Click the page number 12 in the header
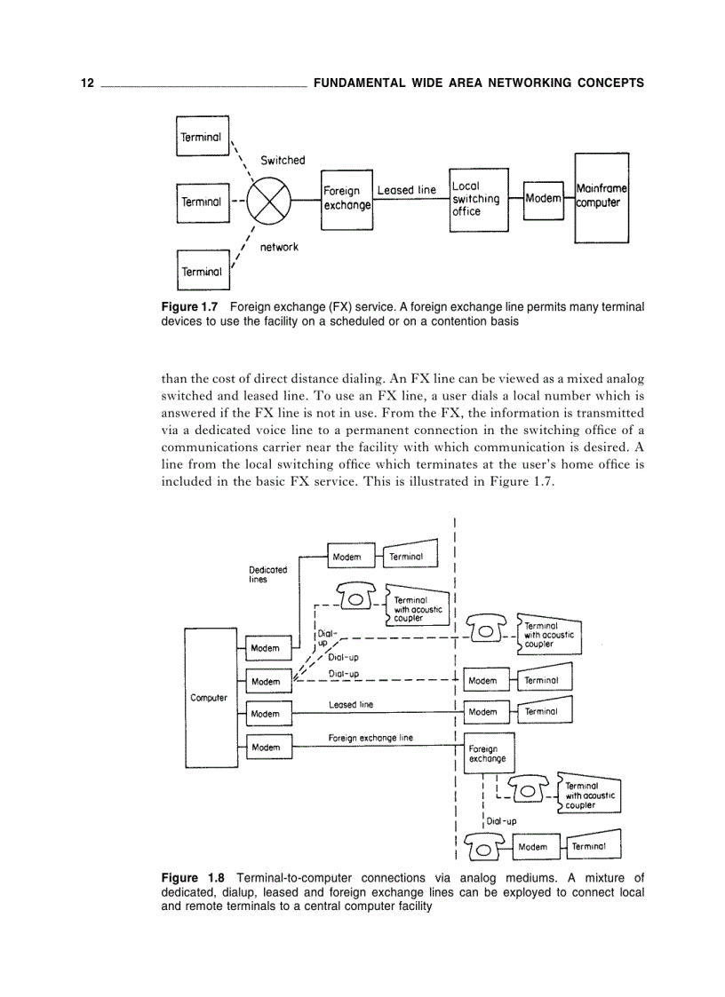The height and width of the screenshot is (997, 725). pos(86,83)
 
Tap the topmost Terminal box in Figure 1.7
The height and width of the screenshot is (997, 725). pos(202,137)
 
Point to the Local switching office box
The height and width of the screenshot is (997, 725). pos(479,199)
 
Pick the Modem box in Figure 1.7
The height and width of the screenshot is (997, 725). pos(543,198)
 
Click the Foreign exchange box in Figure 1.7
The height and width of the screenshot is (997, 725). pos(347,198)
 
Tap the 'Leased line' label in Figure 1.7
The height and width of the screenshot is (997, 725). pos(407,190)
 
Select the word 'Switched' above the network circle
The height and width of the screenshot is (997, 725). pos(283,161)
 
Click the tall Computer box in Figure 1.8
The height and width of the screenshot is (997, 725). pos(209,697)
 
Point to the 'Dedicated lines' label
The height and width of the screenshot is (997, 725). pos(267,574)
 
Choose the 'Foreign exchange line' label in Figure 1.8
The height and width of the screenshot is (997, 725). pos(370,738)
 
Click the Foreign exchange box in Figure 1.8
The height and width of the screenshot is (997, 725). pos(488,754)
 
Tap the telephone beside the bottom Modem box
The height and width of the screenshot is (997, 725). pos(483,847)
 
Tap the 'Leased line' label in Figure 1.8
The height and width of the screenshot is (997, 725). pos(351,705)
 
